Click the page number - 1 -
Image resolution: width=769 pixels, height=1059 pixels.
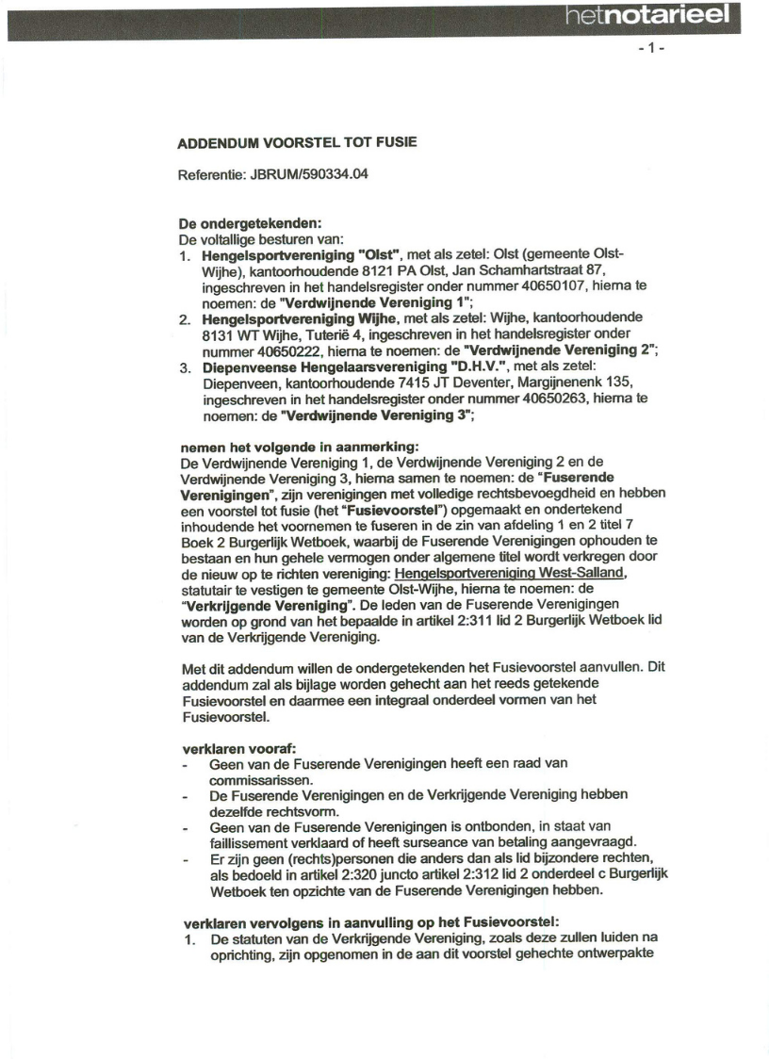(x=651, y=48)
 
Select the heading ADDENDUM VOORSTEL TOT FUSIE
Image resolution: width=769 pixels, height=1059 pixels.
(x=297, y=142)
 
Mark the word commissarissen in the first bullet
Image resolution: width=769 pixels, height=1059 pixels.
(x=256, y=780)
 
